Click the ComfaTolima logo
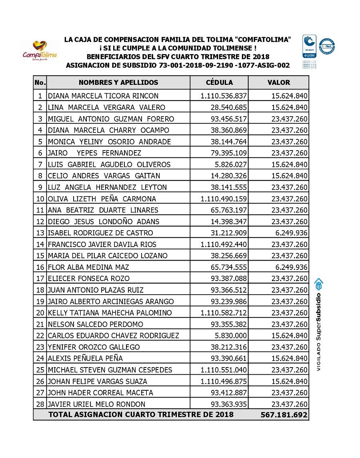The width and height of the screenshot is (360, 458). coord(40,51)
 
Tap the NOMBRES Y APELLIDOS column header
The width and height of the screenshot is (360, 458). coord(118,82)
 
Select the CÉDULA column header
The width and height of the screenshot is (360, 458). coord(219,82)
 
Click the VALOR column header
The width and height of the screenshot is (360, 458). coord(278,82)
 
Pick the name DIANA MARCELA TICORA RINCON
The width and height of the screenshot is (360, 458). coord(103,96)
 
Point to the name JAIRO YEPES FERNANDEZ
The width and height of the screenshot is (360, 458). coord(94,153)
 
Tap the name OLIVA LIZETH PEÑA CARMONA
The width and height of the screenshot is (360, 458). coord(102,199)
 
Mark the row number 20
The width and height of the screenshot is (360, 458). coord(40,313)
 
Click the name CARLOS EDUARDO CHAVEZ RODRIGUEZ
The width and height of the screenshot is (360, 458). coord(113,335)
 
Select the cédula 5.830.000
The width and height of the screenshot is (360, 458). coord(231,335)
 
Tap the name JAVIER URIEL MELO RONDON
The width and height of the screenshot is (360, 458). coord(96,404)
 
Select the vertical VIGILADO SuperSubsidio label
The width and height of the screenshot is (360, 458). coord(319,324)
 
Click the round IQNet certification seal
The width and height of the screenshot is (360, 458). coord(327,46)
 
